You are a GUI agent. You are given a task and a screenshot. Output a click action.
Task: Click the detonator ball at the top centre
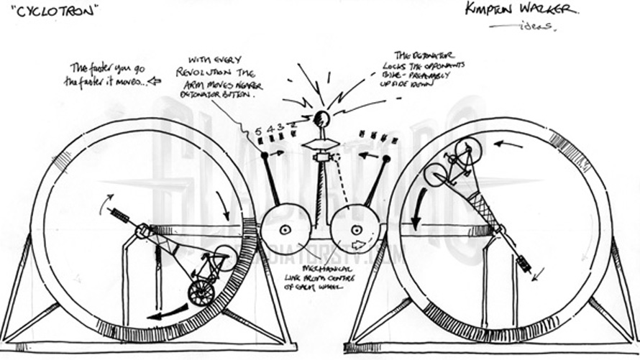321,119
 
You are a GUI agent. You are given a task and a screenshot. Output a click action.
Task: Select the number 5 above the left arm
259,131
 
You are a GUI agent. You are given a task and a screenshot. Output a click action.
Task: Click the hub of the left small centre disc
285,230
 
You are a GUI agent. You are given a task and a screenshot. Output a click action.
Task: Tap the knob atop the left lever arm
264,154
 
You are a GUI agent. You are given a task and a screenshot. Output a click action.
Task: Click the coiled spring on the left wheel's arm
119,216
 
